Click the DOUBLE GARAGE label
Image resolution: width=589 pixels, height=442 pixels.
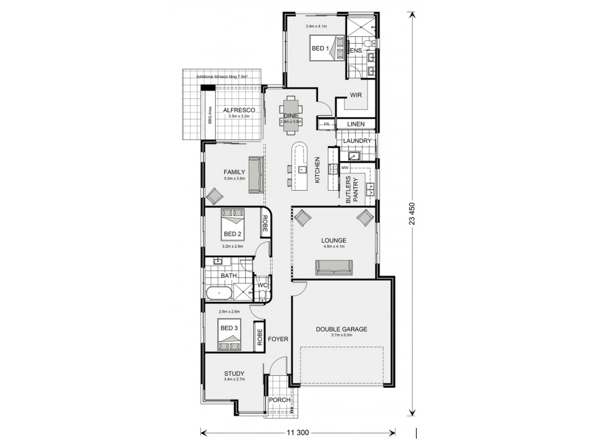click(342, 329)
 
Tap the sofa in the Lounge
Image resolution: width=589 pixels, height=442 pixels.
click(334, 267)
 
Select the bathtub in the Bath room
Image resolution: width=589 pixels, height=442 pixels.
click(218, 293)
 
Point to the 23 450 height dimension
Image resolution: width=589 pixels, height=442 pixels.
click(412, 214)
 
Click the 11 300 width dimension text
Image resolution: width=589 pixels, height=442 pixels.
click(297, 432)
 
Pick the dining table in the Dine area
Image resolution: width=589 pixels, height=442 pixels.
click(291, 115)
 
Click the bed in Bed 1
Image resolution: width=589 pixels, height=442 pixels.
click(327, 48)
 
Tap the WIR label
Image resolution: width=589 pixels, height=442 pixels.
click(355, 95)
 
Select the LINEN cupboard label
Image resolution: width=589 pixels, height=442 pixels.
click(355, 124)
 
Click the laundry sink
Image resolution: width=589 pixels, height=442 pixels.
click(353, 156)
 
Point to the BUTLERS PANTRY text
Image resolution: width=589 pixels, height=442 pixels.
click(352, 189)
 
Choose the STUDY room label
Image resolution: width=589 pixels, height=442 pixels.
click(234, 373)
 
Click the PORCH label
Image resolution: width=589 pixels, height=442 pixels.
click(280, 399)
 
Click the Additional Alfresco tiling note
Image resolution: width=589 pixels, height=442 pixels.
click(222, 77)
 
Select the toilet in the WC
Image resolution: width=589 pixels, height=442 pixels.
click(262, 295)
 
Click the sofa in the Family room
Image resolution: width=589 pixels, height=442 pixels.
click(256, 175)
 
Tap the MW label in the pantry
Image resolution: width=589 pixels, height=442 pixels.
click(344, 168)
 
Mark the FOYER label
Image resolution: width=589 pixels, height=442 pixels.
click(278, 339)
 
